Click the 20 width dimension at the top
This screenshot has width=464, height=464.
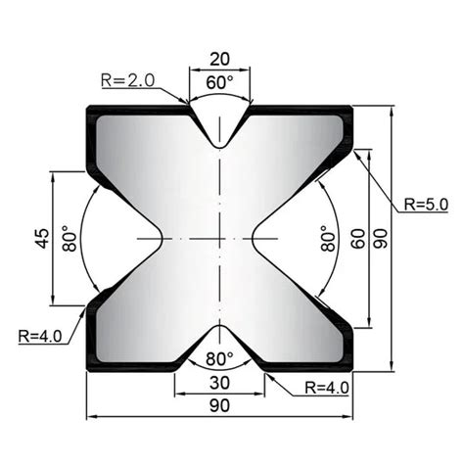220,59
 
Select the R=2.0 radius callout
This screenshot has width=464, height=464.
127,79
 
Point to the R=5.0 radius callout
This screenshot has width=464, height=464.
424,204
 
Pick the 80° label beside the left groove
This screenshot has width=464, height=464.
69,240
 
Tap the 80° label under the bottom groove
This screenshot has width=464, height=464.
219,357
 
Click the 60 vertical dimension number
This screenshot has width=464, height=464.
356,238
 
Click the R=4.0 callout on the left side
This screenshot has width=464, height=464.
40,336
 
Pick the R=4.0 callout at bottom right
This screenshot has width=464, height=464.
325,387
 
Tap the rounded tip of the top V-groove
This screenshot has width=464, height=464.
220,146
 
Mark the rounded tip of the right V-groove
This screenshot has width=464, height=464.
253,239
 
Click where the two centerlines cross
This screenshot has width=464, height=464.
220,239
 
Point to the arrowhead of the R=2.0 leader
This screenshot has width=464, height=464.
189,102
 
